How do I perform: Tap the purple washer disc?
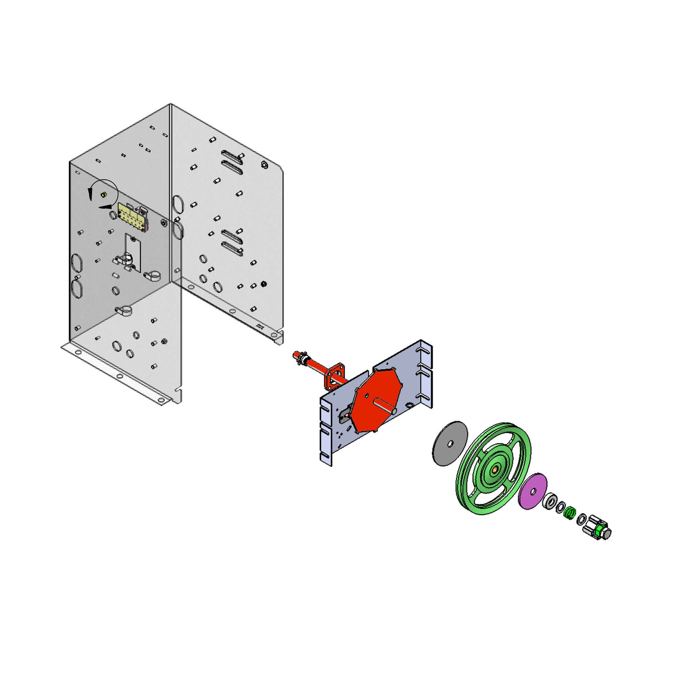click(532, 491)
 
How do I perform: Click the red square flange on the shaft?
click(336, 374)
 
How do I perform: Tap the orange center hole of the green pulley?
click(494, 469)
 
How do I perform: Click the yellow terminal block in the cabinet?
click(133, 216)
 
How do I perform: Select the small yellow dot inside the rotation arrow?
click(104, 194)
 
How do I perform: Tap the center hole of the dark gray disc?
click(450, 443)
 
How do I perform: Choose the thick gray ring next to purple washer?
click(551, 501)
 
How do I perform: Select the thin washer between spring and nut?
click(581, 520)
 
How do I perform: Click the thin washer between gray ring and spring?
click(561, 507)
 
